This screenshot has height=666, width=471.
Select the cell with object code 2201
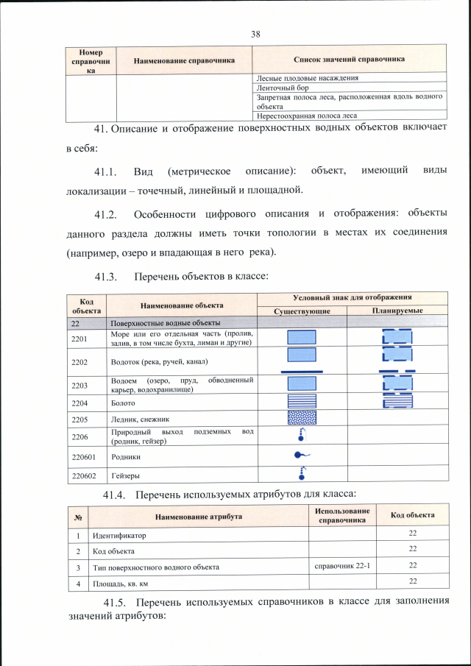[x=79, y=338]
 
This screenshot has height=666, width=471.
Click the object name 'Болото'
[x=122, y=402]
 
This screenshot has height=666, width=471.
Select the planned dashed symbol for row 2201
[x=397, y=338]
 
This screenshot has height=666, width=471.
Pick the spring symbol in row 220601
[x=301, y=456]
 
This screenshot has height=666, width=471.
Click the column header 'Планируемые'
[x=397, y=311]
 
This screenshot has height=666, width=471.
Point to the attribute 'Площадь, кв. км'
[x=121, y=584]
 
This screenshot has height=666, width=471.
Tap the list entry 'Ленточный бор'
[x=281, y=86]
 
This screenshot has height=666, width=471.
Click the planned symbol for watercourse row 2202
[x=397, y=361]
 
